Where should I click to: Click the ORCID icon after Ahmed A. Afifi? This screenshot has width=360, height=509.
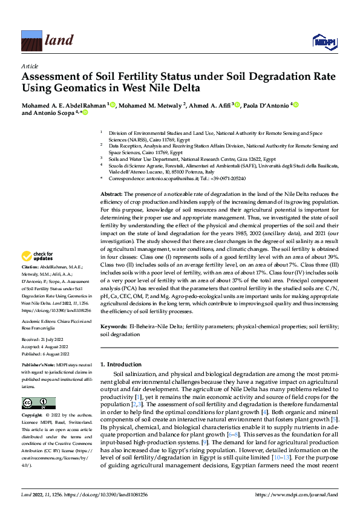[237, 104]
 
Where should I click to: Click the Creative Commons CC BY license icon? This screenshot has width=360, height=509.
[39, 403]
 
